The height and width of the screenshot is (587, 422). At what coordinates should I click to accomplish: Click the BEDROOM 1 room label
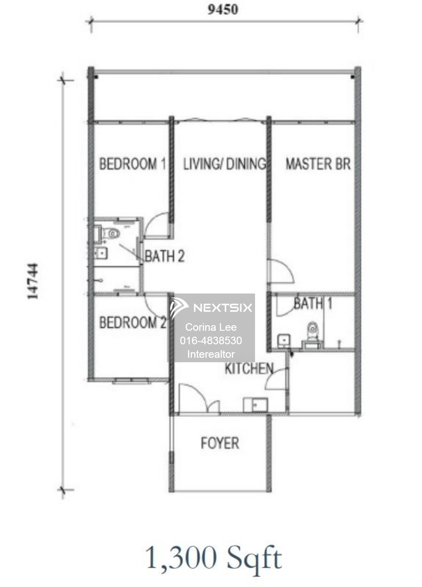133,164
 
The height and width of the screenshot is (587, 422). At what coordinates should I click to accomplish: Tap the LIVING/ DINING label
225,164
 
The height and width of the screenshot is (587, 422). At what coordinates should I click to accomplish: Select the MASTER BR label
318,164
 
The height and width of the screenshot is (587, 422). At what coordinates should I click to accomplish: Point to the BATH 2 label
164,256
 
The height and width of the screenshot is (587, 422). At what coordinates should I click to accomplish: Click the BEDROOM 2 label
133,322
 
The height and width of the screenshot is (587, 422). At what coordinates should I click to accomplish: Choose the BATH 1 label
313,303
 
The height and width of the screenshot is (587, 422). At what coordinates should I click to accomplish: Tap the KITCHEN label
249,369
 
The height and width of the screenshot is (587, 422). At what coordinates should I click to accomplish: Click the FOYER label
220,443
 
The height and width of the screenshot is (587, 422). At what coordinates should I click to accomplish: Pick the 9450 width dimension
223,9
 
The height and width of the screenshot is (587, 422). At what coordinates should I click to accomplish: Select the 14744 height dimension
33,281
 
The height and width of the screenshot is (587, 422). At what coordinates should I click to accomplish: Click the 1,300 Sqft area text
214,557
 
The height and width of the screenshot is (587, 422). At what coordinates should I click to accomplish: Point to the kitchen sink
255,405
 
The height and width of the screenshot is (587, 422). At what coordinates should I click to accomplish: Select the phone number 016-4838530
211,340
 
